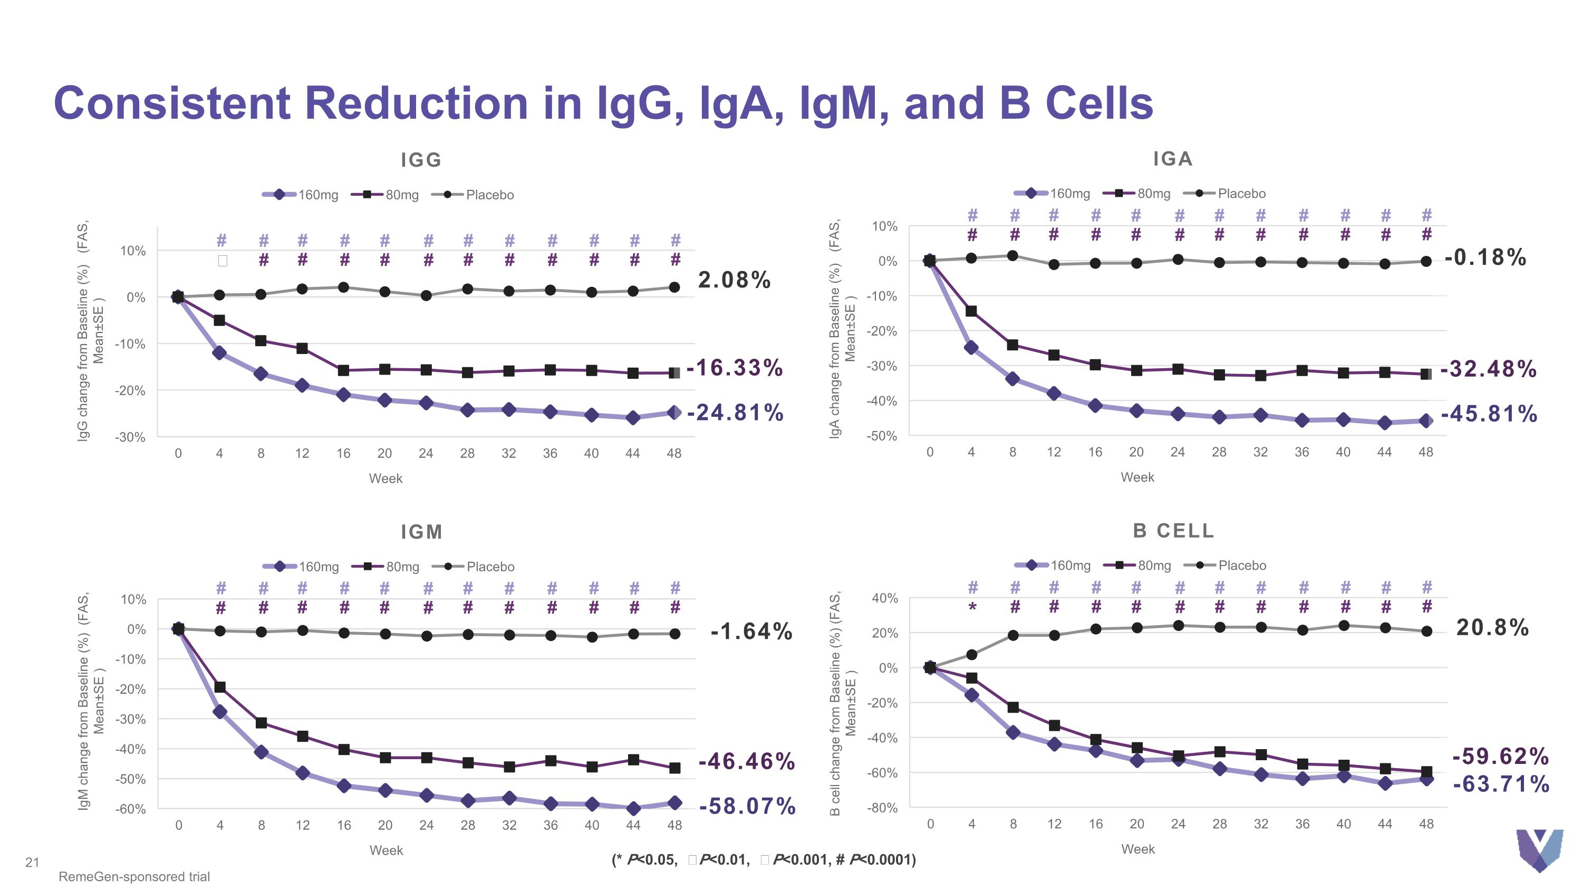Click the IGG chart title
point(421,160)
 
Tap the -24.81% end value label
point(735,413)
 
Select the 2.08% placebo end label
point(734,280)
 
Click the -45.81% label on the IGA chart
point(1489,414)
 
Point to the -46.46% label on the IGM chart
point(747,762)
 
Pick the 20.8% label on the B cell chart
point(1492,627)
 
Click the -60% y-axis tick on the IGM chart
point(130,809)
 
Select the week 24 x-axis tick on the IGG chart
point(426,453)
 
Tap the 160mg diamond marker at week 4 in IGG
point(219,353)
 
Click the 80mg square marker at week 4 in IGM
point(220,687)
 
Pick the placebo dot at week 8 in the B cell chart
point(1014,635)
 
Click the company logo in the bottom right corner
point(1540,850)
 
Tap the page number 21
point(32,863)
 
